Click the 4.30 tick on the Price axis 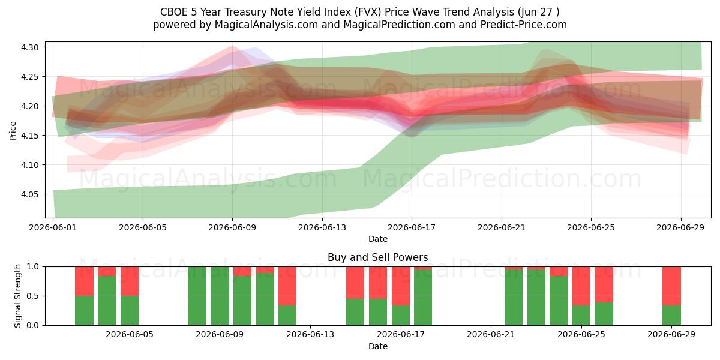click(x=29, y=47)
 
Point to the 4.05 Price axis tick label click(x=29, y=194)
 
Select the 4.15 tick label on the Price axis click(x=29, y=136)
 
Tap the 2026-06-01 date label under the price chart click(x=53, y=227)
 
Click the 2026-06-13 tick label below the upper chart click(x=322, y=227)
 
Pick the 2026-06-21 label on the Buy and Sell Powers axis click(x=491, y=335)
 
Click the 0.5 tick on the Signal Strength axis click(x=33, y=296)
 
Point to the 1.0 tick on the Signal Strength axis click(x=33, y=267)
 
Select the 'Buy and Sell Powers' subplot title click(x=377, y=257)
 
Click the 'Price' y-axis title click(x=13, y=131)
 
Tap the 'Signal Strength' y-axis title click(x=17, y=296)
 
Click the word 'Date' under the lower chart click(x=377, y=346)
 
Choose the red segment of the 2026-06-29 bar click(x=671, y=286)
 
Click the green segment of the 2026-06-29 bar click(x=671, y=316)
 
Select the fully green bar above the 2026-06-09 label click(x=220, y=296)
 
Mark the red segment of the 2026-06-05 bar click(x=130, y=281)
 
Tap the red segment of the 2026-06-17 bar click(x=401, y=286)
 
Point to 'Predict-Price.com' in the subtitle click(x=524, y=25)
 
